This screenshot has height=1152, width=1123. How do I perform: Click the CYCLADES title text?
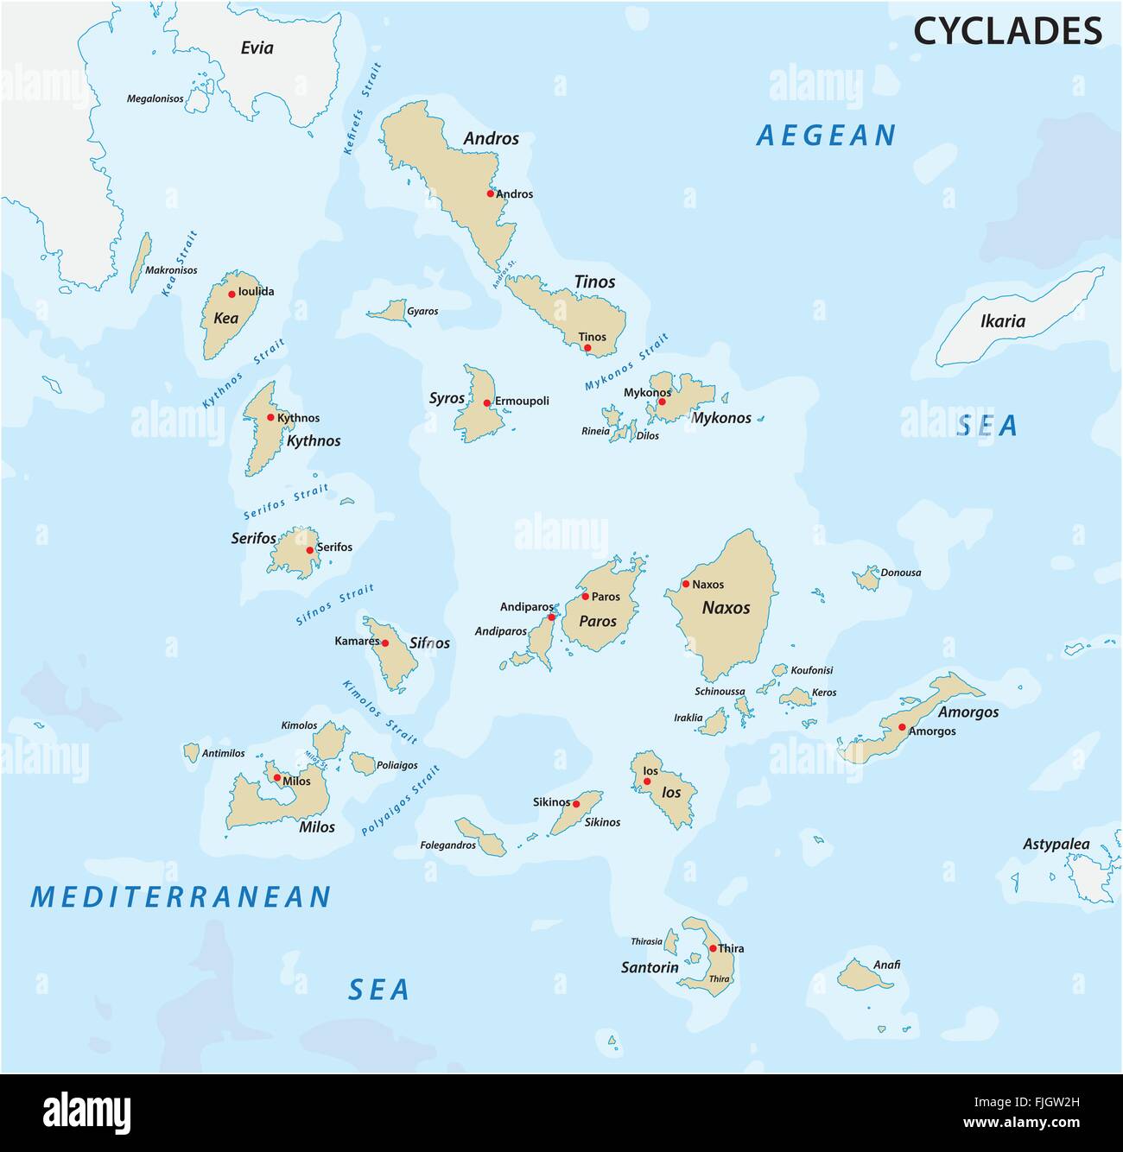(x=1007, y=30)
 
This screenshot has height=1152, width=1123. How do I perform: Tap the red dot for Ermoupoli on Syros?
(x=487, y=402)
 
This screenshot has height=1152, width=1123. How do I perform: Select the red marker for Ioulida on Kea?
(x=232, y=294)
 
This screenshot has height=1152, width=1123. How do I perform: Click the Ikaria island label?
(x=1003, y=322)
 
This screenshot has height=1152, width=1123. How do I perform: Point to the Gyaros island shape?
(x=392, y=311)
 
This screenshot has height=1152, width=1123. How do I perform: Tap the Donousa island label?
(x=900, y=573)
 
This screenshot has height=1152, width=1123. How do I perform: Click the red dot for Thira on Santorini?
(x=713, y=948)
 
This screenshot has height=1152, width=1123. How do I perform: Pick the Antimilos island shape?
(x=191, y=752)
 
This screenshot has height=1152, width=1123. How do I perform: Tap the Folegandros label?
(x=447, y=845)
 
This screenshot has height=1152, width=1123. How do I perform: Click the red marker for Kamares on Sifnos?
(x=385, y=643)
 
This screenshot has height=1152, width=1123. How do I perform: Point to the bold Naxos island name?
(x=726, y=608)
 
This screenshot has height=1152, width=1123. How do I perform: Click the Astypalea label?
(x=1056, y=845)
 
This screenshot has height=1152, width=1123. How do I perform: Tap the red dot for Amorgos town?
(x=902, y=727)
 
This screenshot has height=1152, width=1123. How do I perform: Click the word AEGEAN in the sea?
(x=826, y=136)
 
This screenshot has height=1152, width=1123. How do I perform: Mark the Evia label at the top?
(x=257, y=47)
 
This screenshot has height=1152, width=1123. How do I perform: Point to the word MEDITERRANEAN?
(x=181, y=897)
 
